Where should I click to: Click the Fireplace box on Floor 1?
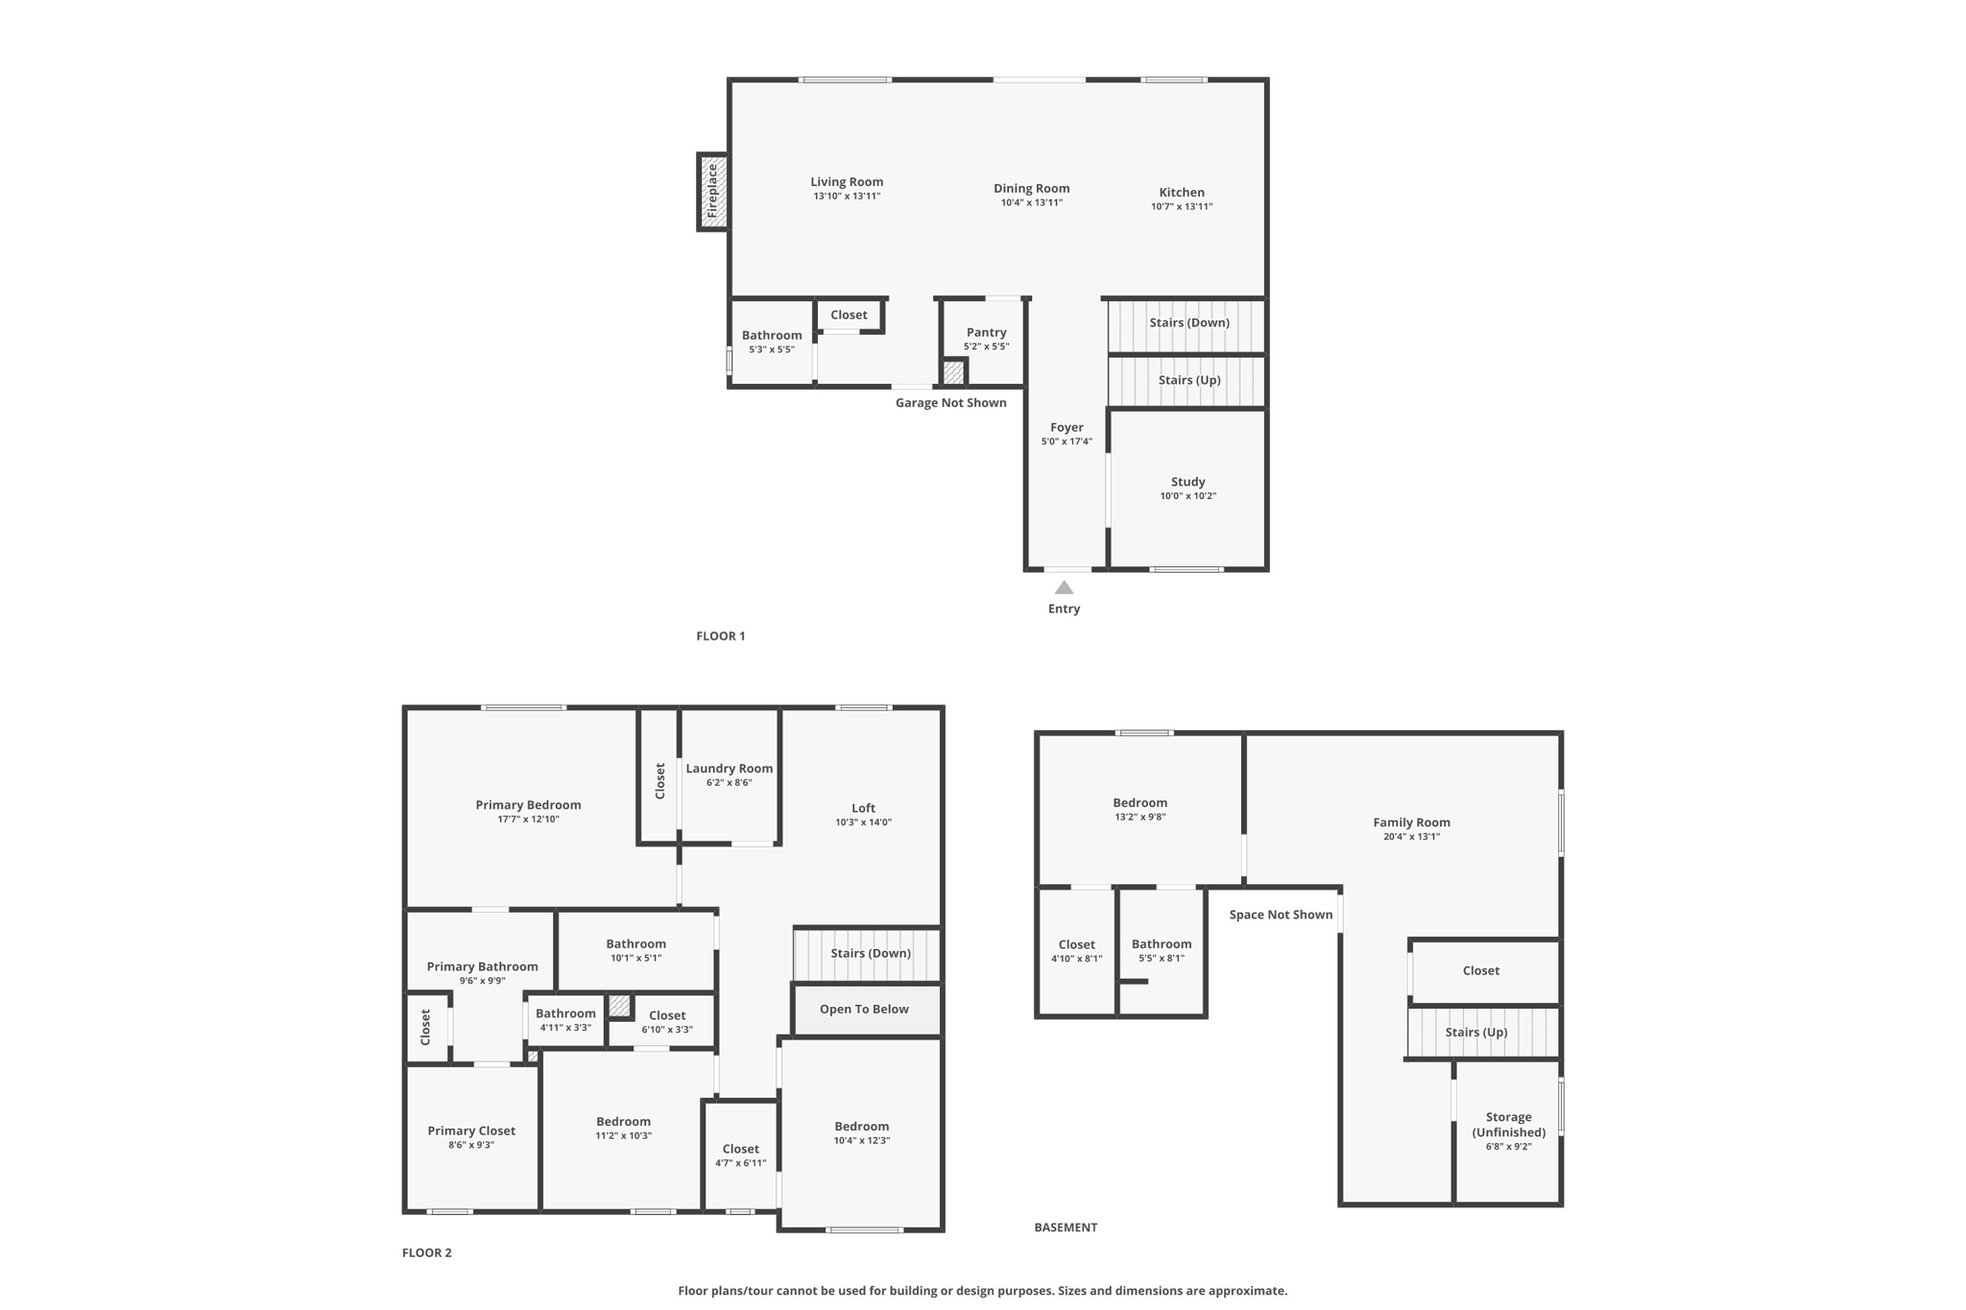[x=712, y=192]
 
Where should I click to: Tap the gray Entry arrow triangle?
[x=1064, y=587]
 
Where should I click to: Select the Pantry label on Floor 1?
[x=986, y=332]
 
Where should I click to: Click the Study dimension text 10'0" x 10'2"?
[x=1187, y=496]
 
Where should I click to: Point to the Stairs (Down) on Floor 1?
[x=1188, y=323]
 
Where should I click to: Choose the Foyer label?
[x=1067, y=427]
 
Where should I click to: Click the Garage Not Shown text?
[x=950, y=403]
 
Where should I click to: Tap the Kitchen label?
[x=1181, y=192]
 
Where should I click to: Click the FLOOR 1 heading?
[x=720, y=636]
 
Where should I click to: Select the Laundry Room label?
[x=729, y=768]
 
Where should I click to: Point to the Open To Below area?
[x=864, y=1010]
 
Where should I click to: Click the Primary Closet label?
[x=471, y=1131]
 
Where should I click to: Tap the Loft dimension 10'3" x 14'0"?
[x=863, y=822]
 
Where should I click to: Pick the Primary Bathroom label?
[x=482, y=966]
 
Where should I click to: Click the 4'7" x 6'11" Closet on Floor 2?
[x=740, y=1155]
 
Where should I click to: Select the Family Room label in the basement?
[x=1411, y=822]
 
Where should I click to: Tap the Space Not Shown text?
[x=1281, y=915]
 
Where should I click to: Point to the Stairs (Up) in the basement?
[x=1476, y=1033]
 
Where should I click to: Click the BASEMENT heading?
[x=1066, y=1227]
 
